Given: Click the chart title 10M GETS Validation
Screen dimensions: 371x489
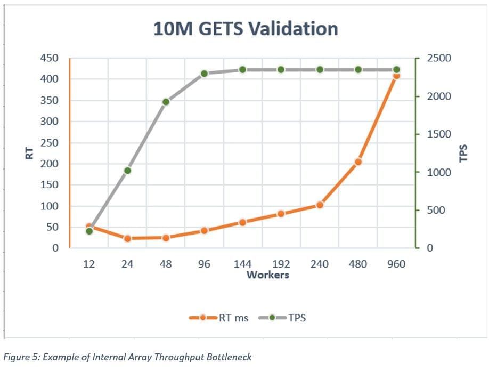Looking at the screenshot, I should (x=246, y=28).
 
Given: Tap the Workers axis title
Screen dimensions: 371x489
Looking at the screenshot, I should (x=268, y=275).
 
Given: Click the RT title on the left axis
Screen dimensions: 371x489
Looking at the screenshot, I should (x=30, y=153).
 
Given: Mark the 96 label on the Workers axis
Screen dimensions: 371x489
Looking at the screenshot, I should (x=204, y=264).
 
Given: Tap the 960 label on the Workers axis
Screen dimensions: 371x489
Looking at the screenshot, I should (x=396, y=264).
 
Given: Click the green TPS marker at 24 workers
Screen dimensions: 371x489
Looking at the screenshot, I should (x=127, y=171).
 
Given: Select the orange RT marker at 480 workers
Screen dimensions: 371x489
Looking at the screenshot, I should (x=358, y=162).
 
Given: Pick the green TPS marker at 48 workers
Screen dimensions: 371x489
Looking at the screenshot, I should (x=166, y=102).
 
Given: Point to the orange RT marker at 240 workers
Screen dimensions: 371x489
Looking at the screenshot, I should (x=320, y=205).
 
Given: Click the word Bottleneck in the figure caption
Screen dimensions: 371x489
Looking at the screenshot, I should (x=232, y=357).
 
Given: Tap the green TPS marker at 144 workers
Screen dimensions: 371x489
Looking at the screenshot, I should (x=242, y=70).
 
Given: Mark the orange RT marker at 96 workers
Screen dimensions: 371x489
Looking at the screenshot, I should (x=204, y=230).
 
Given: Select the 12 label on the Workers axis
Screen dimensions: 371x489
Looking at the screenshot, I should (x=89, y=264).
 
